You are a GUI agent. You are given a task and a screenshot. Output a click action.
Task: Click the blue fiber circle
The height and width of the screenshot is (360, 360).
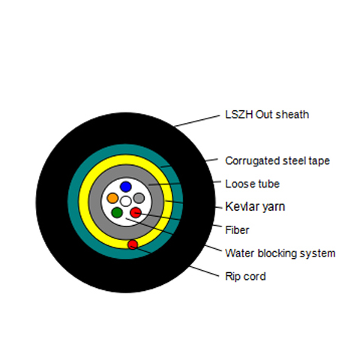(x=126, y=187)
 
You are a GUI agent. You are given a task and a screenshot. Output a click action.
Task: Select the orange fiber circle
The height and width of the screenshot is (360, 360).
(x=112, y=198)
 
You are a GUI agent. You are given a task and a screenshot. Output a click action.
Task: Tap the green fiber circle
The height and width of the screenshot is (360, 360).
(x=117, y=212)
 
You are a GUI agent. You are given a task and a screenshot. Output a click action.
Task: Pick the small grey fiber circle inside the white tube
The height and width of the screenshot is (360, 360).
(x=139, y=198)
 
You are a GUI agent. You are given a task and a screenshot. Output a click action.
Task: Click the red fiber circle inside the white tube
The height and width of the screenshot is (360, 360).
(x=136, y=212)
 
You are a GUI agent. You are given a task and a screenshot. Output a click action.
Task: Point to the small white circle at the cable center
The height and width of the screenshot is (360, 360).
(x=126, y=201)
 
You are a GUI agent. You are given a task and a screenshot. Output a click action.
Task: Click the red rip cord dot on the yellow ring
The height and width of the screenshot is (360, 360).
(x=133, y=244)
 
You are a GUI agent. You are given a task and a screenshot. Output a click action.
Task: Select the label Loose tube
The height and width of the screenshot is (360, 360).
(x=252, y=184)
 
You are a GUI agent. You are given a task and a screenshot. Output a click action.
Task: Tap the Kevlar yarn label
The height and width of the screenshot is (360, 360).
(x=255, y=207)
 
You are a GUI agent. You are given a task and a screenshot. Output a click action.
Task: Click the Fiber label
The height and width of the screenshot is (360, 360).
(x=237, y=230)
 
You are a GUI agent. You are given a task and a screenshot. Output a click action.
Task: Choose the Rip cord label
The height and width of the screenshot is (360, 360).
(x=245, y=277)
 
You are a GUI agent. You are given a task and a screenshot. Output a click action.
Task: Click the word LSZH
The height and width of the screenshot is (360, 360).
(x=239, y=115)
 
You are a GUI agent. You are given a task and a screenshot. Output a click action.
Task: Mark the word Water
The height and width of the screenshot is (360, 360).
(x=240, y=253)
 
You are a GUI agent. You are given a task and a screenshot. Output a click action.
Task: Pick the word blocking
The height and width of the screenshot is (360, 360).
(x=277, y=253)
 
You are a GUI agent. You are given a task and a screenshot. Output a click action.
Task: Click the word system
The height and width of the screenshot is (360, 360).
(x=317, y=254)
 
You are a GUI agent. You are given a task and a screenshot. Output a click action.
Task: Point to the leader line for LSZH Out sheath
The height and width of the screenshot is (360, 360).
(x=197, y=121)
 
